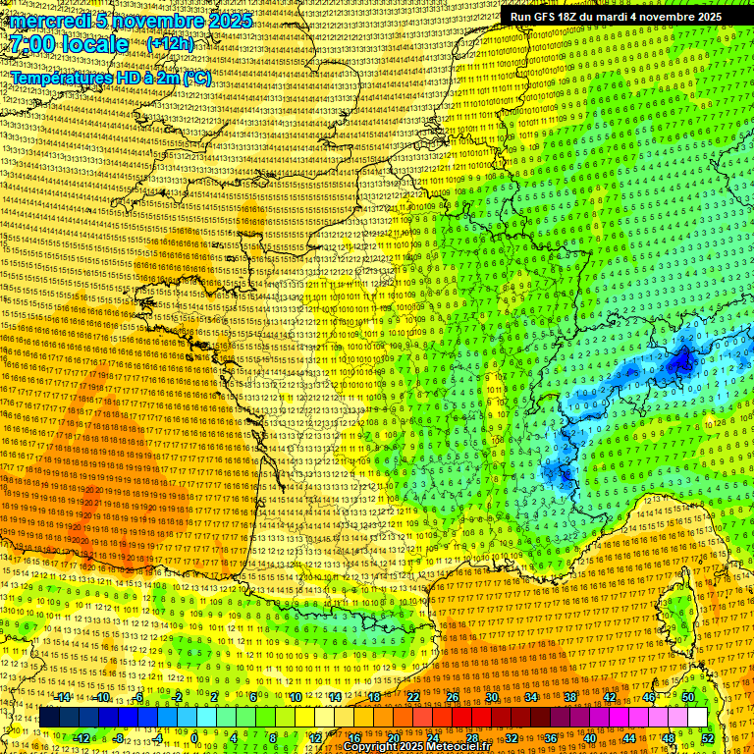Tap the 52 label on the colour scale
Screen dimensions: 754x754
point(708,738)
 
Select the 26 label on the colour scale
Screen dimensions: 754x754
point(452,697)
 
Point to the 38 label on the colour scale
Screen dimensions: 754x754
point(569,697)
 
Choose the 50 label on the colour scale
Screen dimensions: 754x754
point(687,697)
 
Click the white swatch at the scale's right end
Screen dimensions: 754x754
point(697,718)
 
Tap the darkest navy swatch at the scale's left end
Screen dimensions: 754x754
point(49,718)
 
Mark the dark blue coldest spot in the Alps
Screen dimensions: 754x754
point(679,363)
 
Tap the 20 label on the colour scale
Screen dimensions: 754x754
point(393,738)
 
